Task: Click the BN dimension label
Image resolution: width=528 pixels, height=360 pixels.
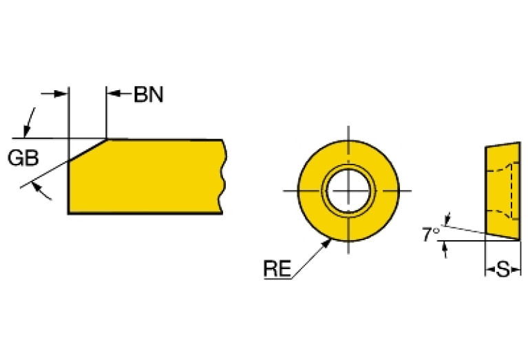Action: pyautogui.click(x=149, y=95)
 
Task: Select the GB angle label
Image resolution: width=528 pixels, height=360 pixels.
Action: pyautogui.click(x=23, y=158)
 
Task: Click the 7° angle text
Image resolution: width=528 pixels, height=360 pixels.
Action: pyautogui.click(x=431, y=235)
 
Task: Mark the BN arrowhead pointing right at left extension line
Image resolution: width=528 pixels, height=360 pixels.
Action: pyautogui.click(x=64, y=94)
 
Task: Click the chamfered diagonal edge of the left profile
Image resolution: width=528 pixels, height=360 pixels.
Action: pyautogui.click(x=87, y=150)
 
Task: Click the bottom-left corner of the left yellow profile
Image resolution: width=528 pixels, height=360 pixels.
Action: pyautogui.click(x=69, y=213)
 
